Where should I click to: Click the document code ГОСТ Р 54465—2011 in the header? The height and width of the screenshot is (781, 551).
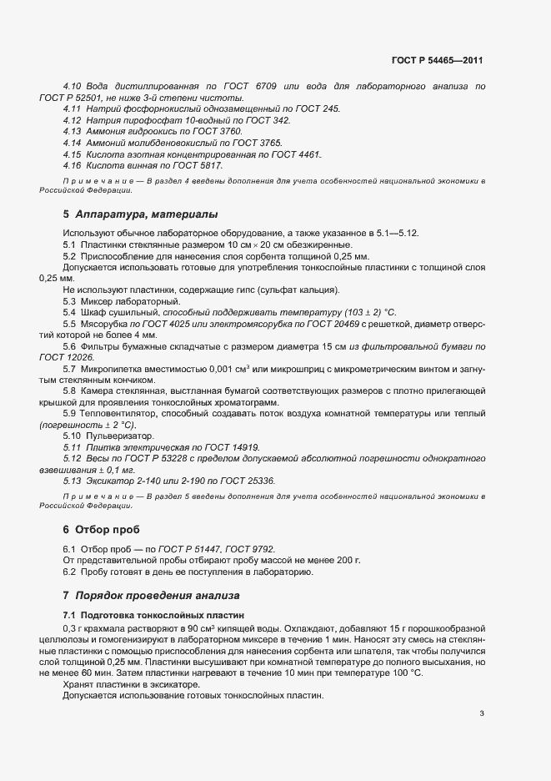tap(437, 61)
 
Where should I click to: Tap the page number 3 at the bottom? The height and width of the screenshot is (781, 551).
tap(482, 713)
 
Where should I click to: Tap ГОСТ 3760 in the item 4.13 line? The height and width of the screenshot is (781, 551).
tap(218, 132)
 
